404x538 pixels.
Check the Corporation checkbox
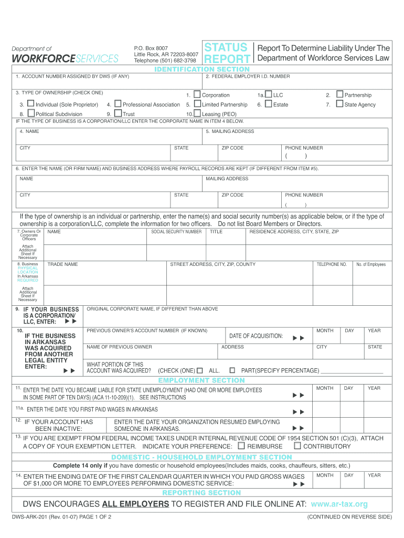(197, 95)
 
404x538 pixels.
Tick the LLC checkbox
(269, 95)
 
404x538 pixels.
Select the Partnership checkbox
(339, 95)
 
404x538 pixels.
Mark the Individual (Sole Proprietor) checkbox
(30, 104)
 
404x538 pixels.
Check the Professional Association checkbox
(118, 104)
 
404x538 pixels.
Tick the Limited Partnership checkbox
(197, 104)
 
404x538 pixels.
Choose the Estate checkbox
(269, 104)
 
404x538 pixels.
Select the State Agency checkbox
(339, 104)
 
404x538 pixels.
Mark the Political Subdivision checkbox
(30, 113)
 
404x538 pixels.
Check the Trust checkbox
(118, 113)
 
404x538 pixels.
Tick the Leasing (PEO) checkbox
(197, 113)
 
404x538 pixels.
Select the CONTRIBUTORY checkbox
(297, 446)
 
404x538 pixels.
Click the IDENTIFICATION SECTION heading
(201, 69)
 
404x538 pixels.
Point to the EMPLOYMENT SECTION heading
(201, 380)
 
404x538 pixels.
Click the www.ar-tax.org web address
(339, 504)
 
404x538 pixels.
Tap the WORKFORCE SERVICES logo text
(65, 58)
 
